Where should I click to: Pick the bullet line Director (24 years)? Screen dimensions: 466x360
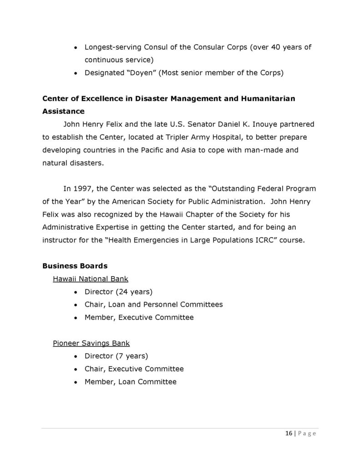pyautogui.click(x=118, y=291)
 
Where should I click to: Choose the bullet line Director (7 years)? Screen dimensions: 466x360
pyautogui.click(x=117, y=355)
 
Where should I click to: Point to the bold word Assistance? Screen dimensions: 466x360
pyautogui.click(x=63, y=111)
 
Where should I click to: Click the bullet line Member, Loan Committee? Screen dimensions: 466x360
pyautogui.click(x=130, y=381)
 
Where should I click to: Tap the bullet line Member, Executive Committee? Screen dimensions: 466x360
pyautogui.click(x=139, y=317)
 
